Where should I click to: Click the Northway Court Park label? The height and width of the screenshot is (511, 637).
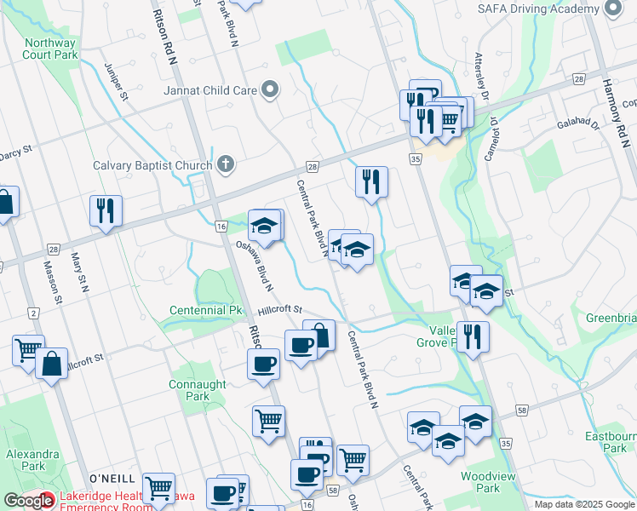[x=51, y=49]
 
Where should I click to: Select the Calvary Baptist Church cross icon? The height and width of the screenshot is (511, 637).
[x=226, y=164]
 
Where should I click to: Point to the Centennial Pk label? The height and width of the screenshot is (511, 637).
[x=206, y=310]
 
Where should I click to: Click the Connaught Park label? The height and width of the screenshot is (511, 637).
[x=198, y=390]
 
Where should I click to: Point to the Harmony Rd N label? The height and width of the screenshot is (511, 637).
[x=616, y=106]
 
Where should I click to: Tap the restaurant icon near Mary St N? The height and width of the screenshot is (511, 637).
[x=106, y=210]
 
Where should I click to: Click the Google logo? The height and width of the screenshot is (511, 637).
[x=28, y=501]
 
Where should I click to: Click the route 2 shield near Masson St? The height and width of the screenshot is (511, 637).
[x=33, y=314]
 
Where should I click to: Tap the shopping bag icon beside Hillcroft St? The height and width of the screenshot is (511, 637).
[x=51, y=364]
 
